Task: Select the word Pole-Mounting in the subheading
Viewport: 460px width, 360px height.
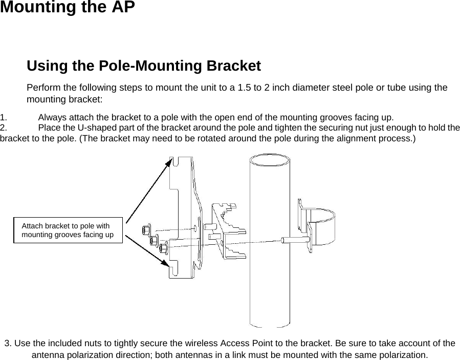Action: (152, 66)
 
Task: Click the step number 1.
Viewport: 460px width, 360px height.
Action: (4, 117)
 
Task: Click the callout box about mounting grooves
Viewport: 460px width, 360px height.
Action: (68, 230)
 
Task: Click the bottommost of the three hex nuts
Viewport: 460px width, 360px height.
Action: (164, 248)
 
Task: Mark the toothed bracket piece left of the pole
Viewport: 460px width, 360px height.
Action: (228, 230)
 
